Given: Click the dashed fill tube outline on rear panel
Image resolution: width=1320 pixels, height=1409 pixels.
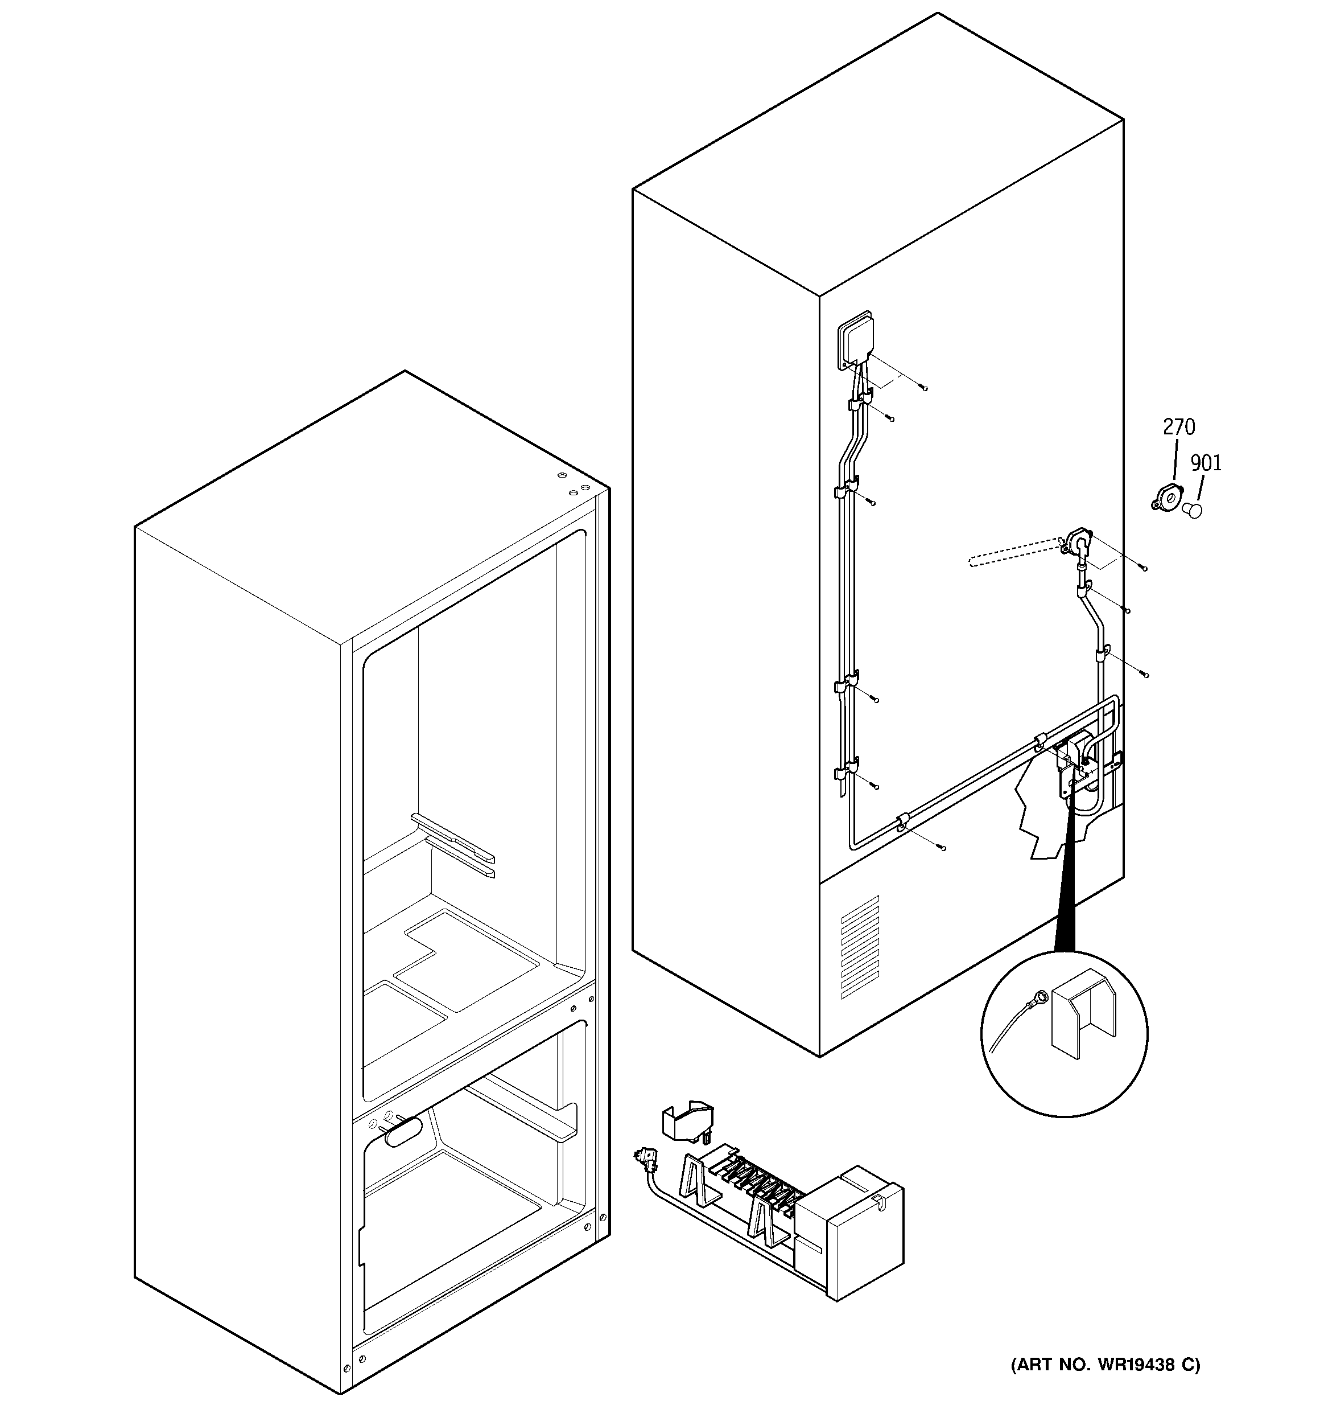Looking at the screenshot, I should coord(1012,553).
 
